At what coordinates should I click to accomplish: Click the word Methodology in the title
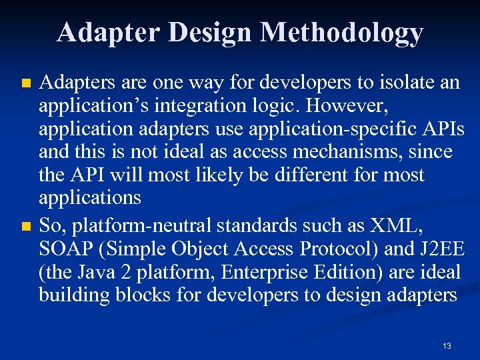[342, 33]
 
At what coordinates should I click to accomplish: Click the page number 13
[446, 345]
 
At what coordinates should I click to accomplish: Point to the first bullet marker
[26, 84]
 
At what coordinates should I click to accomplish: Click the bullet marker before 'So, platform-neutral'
[26, 226]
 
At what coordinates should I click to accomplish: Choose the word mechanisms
[332, 152]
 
